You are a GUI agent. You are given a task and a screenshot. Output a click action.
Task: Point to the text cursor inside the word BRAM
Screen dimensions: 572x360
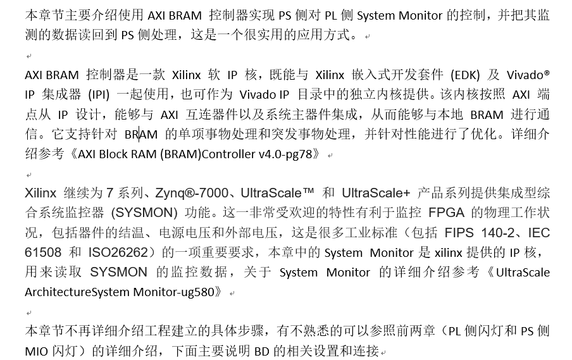click(x=139, y=135)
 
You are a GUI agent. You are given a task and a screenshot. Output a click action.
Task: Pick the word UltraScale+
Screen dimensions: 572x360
click(x=376, y=194)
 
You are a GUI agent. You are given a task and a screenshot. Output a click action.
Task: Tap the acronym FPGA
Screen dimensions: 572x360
click(x=447, y=213)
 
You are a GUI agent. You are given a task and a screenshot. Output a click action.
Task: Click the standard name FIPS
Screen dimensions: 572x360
click(x=459, y=233)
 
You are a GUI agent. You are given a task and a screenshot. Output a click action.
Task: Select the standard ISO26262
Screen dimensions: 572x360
click(x=118, y=252)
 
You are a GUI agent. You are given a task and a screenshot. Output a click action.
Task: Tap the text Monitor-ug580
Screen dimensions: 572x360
click(x=173, y=292)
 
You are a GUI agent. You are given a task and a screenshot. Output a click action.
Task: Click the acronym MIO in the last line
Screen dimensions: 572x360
click(x=37, y=351)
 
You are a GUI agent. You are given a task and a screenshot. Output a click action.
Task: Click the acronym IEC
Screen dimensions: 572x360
click(x=539, y=233)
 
